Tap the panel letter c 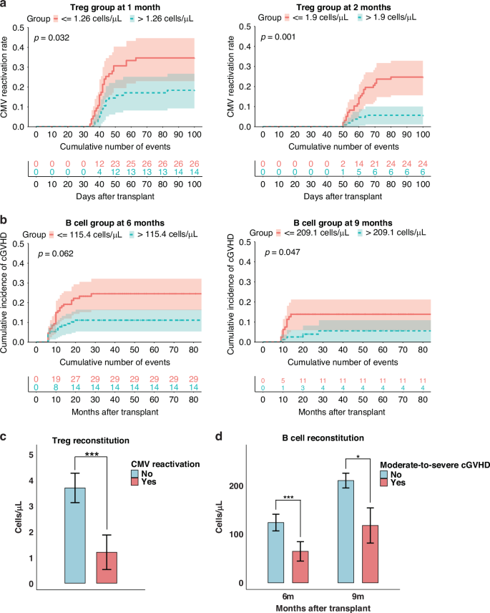pos(5,438)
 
